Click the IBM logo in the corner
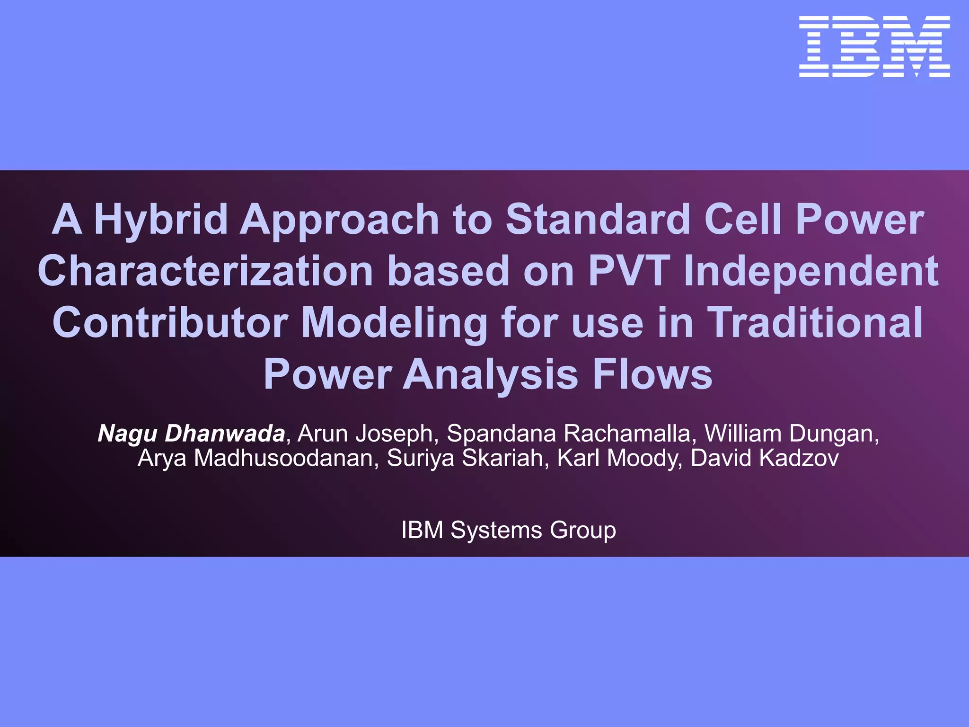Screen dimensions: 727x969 tap(874, 46)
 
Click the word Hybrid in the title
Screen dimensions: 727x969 tap(161, 220)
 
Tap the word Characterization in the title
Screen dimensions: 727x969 tap(205, 271)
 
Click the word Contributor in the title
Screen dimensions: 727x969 tap(170, 323)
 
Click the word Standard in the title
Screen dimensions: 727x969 tap(598, 220)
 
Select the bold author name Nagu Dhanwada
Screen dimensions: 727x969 tap(191, 434)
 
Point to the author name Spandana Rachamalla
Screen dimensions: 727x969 tap(568, 434)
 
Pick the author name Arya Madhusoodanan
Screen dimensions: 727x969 tap(255, 458)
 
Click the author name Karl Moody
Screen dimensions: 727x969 tap(617, 458)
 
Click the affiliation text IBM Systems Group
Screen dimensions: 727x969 tap(509, 530)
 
